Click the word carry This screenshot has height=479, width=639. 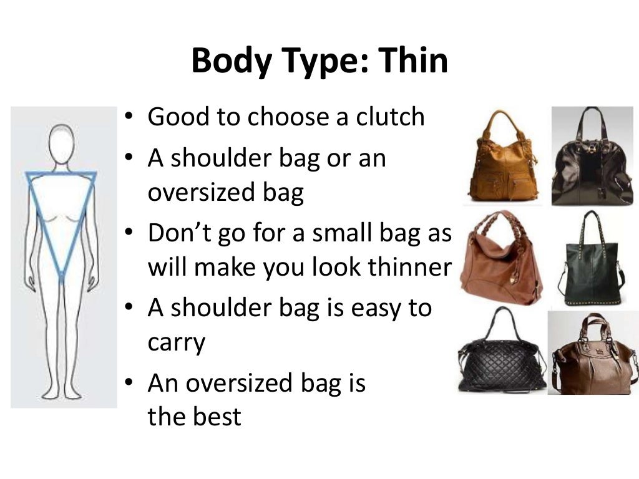tap(176, 342)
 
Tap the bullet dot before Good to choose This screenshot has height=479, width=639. tap(129, 117)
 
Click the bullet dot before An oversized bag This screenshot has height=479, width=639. tap(129, 384)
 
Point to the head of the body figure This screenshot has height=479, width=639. tap(61, 142)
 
